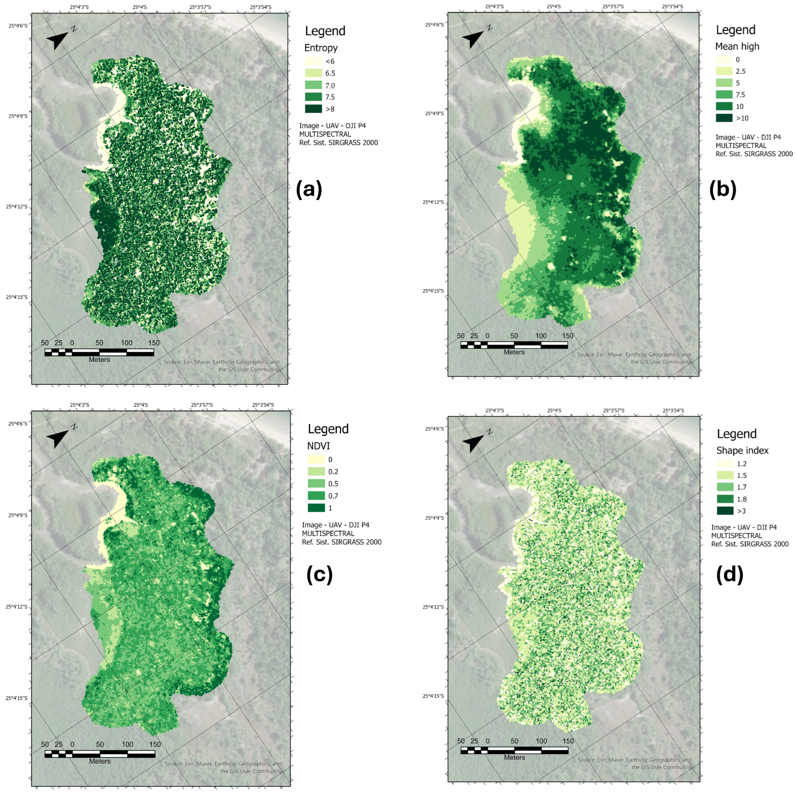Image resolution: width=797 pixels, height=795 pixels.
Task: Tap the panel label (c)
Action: (x=319, y=575)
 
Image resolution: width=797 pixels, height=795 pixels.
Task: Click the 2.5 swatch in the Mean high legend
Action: (x=724, y=71)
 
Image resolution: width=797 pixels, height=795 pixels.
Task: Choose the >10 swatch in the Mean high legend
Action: (x=724, y=118)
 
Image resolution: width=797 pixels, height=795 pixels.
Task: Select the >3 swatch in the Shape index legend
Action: (x=725, y=511)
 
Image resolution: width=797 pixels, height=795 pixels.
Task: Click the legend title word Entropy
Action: (x=321, y=48)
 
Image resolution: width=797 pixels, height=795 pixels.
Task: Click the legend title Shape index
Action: (x=742, y=451)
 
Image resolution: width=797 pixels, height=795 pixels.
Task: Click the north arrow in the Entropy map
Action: (x=58, y=40)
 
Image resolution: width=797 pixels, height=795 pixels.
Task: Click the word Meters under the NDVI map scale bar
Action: (x=100, y=761)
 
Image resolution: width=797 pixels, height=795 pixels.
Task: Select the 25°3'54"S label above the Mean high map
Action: (x=673, y=7)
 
